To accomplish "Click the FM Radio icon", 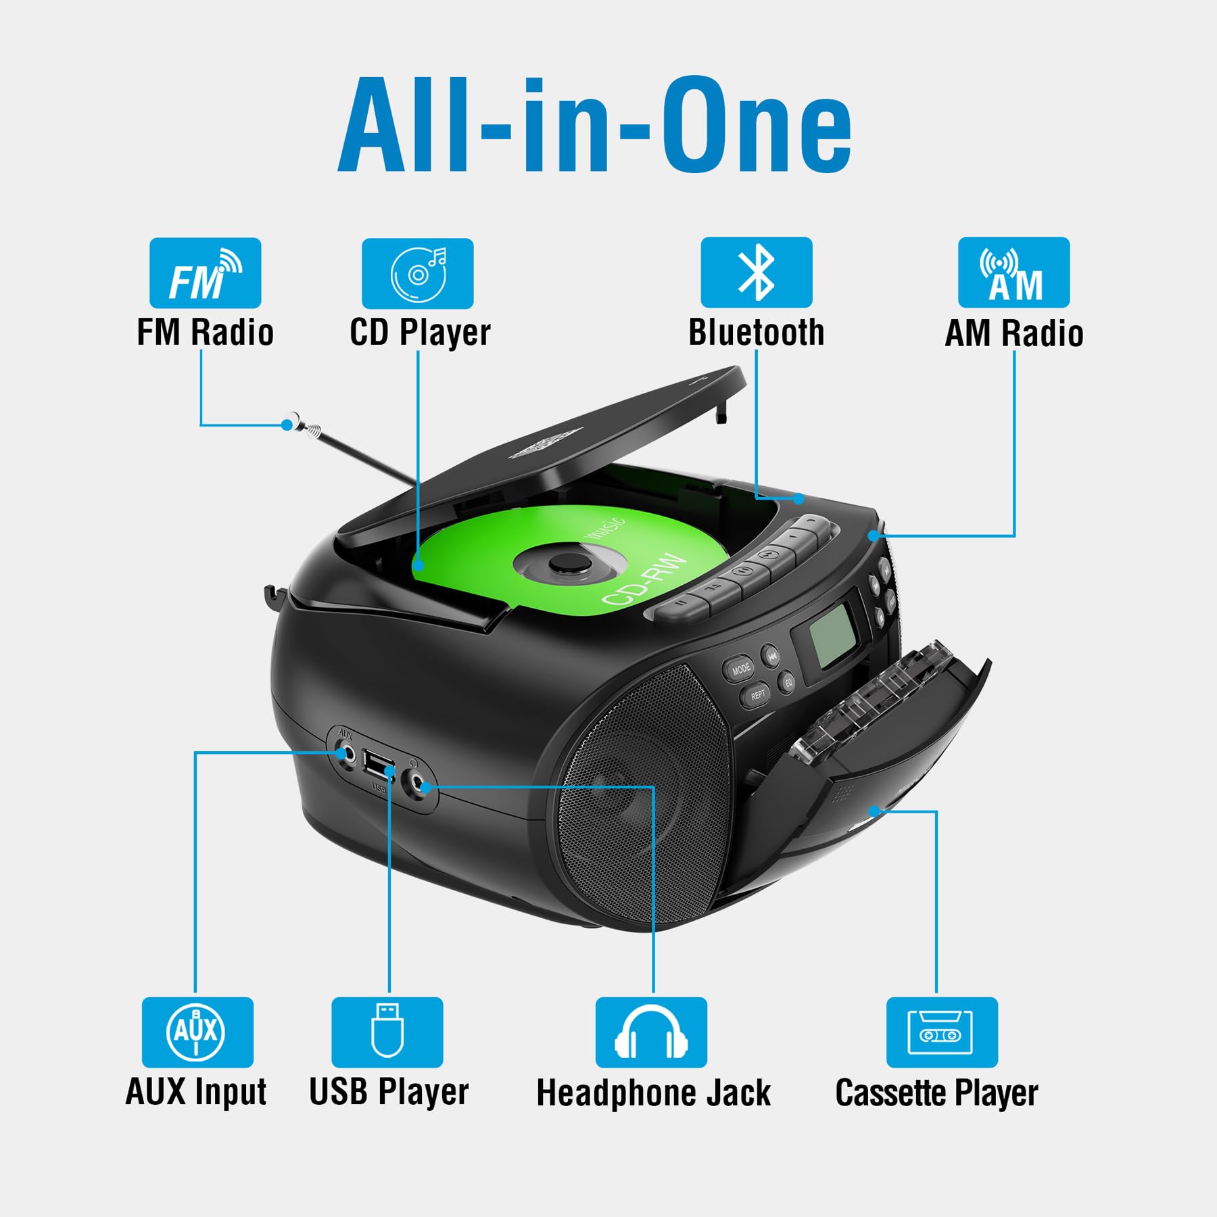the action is (205, 272).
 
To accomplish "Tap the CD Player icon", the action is (417, 273).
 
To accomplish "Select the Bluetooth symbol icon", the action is (756, 272).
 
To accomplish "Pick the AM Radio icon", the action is (1013, 272).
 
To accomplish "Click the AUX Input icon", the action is (197, 1032).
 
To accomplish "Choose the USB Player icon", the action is (387, 1032).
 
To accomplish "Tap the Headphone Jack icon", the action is (651, 1032).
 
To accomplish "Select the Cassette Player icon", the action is (942, 1032).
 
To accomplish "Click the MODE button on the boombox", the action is (740, 669).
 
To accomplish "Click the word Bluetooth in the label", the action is (757, 333).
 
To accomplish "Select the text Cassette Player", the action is (936, 1093).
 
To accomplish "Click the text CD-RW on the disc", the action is (644, 580).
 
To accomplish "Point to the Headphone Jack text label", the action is (653, 1093).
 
